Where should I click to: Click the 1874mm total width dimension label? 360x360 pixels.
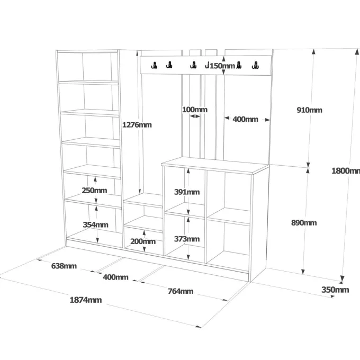(86, 300)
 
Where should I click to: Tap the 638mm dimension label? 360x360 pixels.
(64, 266)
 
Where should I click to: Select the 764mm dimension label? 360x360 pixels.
(181, 291)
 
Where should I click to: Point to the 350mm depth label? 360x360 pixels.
(335, 290)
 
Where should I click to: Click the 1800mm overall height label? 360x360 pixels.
(346, 171)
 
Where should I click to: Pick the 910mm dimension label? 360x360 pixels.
(310, 110)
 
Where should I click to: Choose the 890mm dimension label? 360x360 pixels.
(304, 223)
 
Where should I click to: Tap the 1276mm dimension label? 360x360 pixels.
(137, 124)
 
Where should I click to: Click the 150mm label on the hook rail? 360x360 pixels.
(222, 66)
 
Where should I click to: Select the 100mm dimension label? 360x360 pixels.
(195, 110)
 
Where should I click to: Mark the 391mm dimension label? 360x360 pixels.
(187, 192)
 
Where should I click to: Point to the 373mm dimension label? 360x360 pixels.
(187, 239)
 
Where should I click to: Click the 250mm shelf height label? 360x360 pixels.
(94, 191)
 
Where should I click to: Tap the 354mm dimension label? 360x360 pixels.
(95, 224)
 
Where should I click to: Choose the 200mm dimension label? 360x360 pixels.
(143, 241)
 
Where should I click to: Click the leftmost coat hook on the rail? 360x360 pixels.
(154, 66)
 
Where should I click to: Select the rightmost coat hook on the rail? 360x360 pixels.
(255, 66)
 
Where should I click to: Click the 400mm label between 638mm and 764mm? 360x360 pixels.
(115, 277)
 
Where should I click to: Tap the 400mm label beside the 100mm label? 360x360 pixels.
(246, 119)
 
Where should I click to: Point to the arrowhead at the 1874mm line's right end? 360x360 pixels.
(199, 326)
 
